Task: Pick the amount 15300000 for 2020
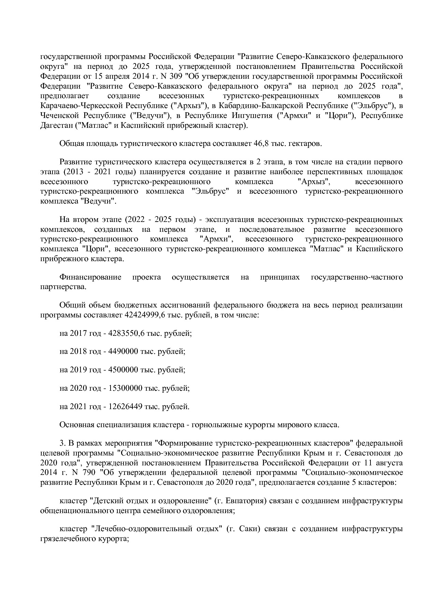click(125, 388)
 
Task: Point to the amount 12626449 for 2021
click(125, 406)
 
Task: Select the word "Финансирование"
click(90, 277)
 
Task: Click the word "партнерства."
click(63, 287)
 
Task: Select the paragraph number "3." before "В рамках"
click(62, 443)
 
